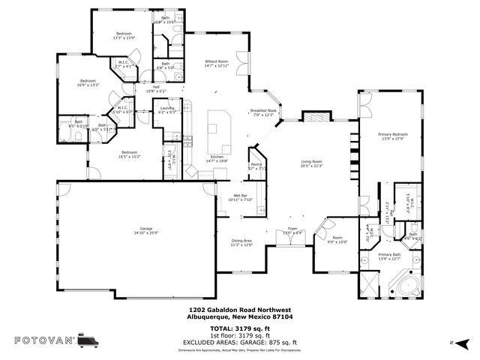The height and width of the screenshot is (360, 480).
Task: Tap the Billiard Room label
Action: (220, 64)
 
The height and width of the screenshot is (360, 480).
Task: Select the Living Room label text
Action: (311, 163)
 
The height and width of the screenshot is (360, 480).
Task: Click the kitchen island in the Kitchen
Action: (219, 123)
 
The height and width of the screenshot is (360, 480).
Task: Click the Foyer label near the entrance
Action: (292, 231)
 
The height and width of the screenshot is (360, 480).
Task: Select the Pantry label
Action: (256, 166)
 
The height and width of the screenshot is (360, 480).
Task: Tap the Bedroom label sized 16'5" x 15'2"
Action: (128, 154)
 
